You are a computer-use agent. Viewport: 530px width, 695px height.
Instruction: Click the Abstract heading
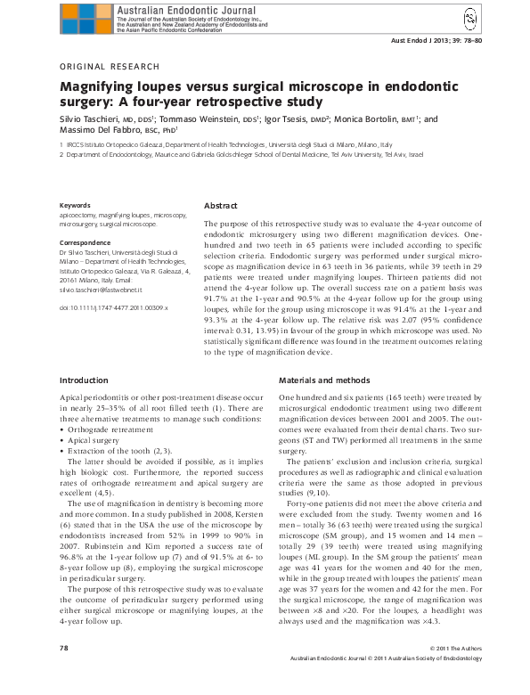coord(220,204)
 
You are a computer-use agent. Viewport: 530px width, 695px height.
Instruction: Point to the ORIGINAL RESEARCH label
coord(109,67)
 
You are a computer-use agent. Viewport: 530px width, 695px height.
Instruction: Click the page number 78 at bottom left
coord(63,672)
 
